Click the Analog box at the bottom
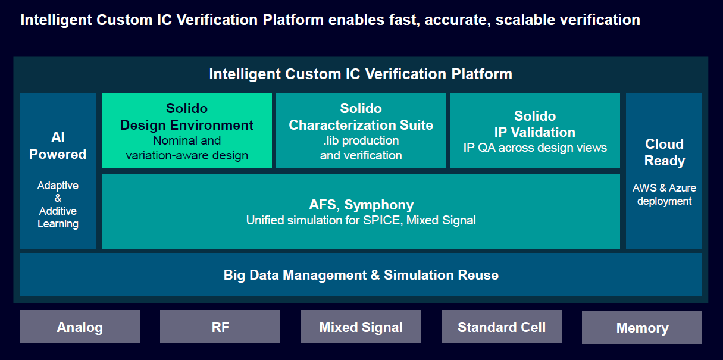coord(80,327)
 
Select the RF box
coord(220,327)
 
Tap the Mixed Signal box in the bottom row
coord(361,327)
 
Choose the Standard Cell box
coord(501,327)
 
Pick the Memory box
coord(642,328)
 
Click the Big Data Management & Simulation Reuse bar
coord(361,275)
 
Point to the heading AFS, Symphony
coord(361,205)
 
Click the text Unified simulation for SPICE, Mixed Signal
coord(361,221)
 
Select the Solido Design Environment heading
coord(187,117)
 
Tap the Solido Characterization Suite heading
coord(361,117)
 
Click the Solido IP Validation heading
coord(534,124)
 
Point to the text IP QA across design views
coord(534,148)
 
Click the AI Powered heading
coord(58,146)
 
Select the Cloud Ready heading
coord(665,152)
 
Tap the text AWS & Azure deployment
coord(664,195)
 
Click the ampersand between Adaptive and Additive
coord(58,199)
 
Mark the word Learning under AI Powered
coord(58,224)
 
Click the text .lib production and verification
coord(361,148)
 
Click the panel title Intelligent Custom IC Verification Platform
coord(361,74)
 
